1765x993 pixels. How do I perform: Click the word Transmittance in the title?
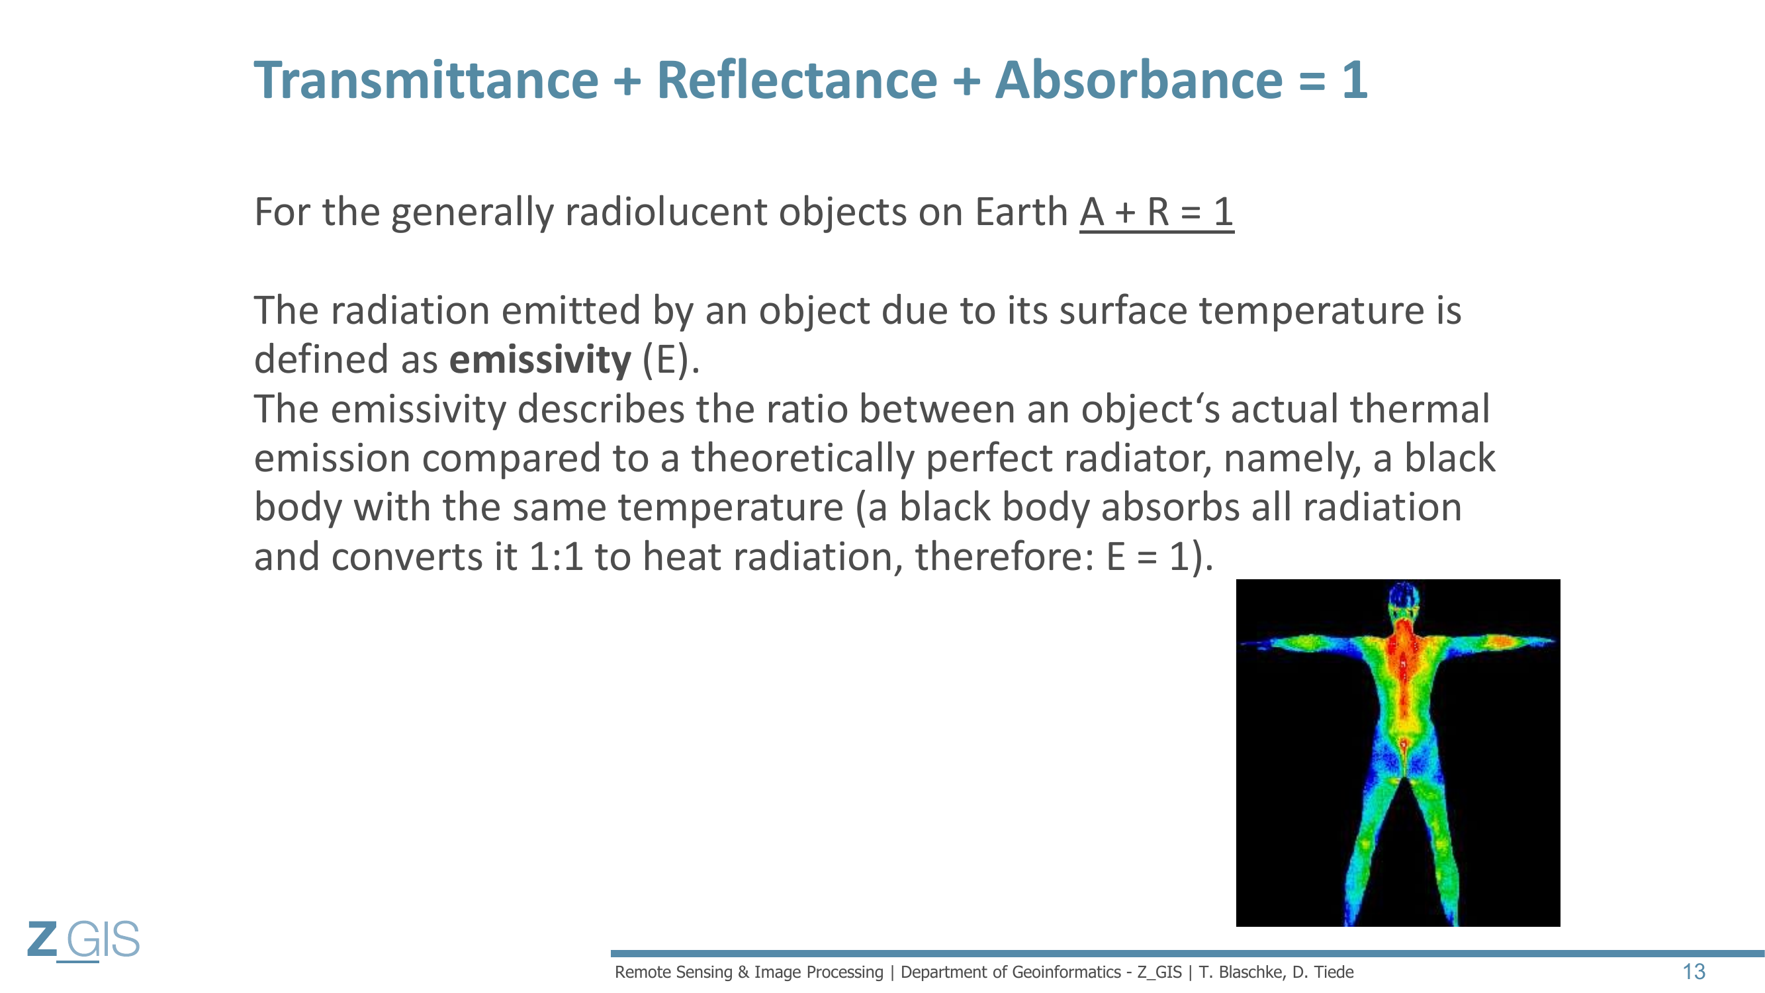pos(426,80)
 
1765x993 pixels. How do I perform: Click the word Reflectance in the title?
pos(797,80)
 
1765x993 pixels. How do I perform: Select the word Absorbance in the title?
pos(1139,80)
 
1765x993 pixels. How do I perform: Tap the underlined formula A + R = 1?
pos(1157,212)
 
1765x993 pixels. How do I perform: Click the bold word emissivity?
pos(540,359)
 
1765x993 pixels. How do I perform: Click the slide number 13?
pos(1694,971)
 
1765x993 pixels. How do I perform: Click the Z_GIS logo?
pos(83,940)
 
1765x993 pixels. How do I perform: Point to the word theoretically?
pos(802,459)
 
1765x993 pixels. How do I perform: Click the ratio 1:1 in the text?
pos(556,557)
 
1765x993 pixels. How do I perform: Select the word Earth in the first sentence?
pos(1022,212)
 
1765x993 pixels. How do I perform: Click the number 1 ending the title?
pos(1355,80)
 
